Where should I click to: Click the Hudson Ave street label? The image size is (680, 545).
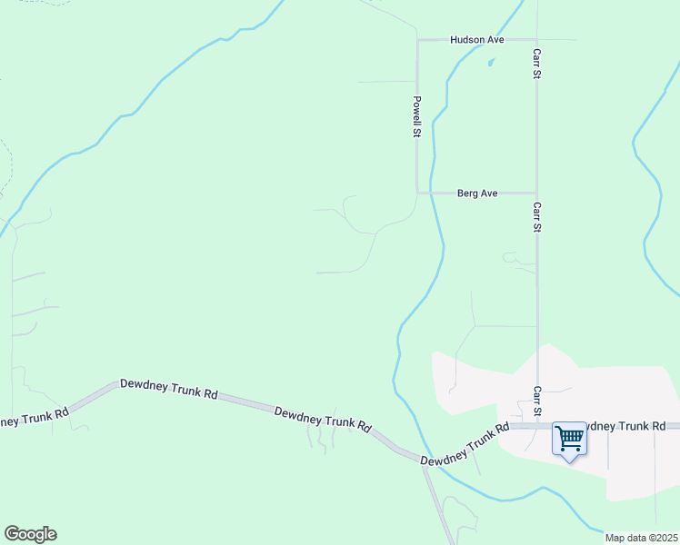476,40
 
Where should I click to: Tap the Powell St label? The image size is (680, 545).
416,116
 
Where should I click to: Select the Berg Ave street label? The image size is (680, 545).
477,193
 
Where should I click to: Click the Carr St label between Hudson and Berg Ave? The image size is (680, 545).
536,63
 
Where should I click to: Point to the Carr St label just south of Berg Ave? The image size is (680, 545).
536,217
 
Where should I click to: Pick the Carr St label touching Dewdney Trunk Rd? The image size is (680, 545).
536,401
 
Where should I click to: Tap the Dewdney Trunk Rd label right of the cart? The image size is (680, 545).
627,425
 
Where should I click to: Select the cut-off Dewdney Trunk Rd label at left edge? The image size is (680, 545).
35,417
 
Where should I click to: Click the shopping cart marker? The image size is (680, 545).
569,440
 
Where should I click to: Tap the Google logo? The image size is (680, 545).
30,534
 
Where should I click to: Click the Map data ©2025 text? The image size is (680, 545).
640,538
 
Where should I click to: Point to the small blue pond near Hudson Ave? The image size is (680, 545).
491,63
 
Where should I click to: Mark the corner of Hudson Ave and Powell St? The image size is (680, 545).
417,40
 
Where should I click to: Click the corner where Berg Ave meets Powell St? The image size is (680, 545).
417,193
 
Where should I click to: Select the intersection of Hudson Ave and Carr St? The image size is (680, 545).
536,40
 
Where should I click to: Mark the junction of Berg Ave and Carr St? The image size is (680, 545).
536,193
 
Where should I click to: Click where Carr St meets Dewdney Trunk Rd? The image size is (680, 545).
536,425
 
